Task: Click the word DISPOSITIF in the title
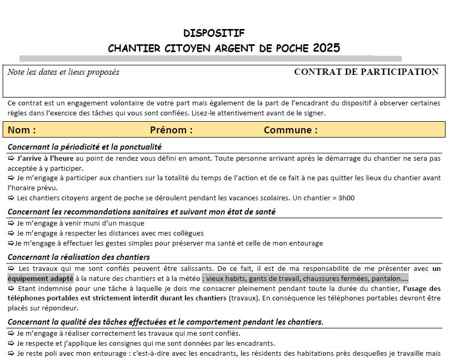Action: point(214,33)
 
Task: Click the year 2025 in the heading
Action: point(326,48)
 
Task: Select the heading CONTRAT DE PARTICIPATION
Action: point(366,72)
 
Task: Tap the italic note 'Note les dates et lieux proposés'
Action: point(63,72)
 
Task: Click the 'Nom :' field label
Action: point(22,130)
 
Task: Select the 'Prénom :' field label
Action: point(171,130)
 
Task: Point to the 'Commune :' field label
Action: point(290,130)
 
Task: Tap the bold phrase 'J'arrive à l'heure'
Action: point(45,158)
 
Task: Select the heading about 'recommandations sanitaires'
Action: point(141,212)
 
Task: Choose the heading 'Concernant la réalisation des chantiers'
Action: point(78,257)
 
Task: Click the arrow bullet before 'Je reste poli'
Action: point(12,353)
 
